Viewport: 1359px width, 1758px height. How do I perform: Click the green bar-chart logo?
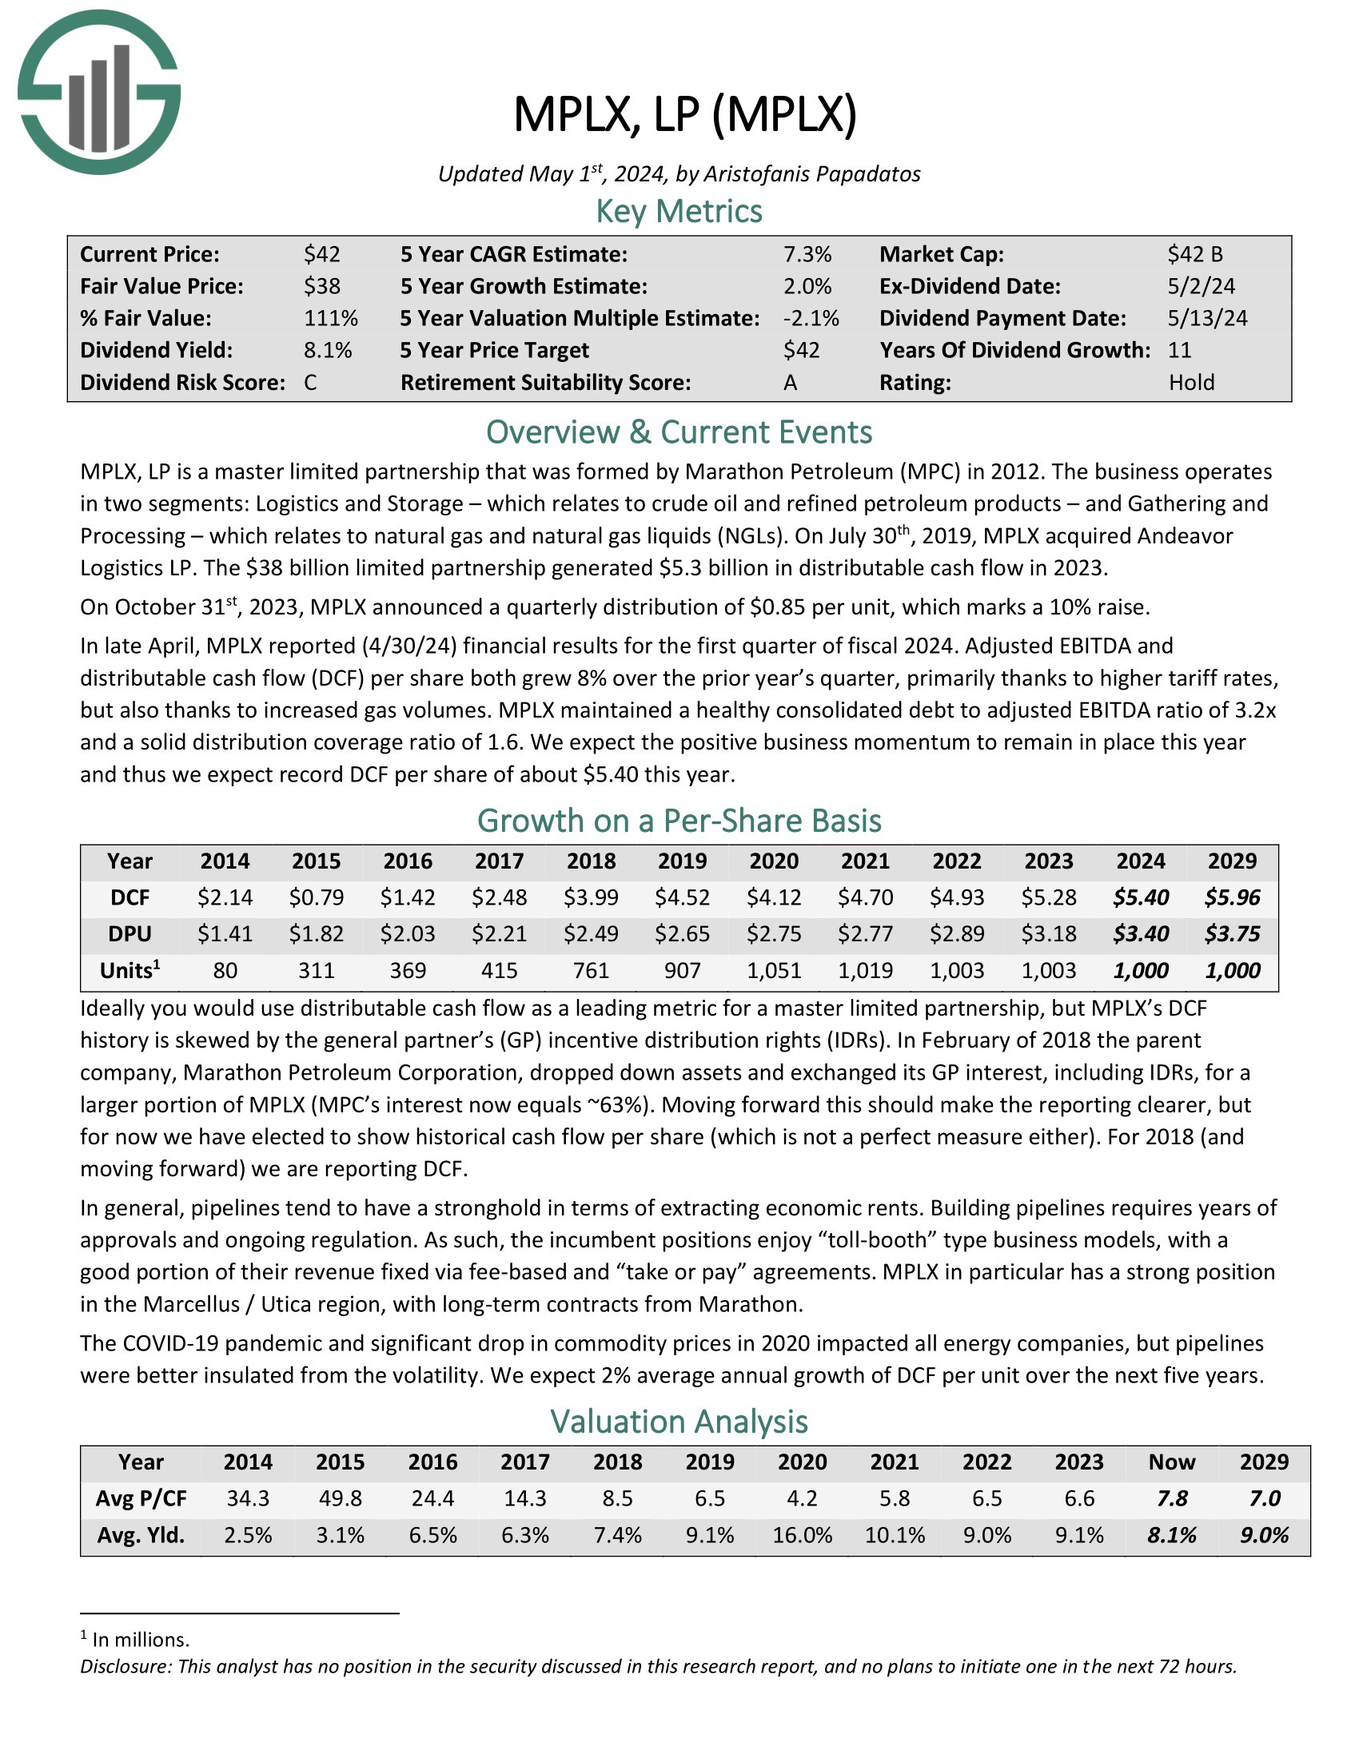pyautogui.click(x=99, y=92)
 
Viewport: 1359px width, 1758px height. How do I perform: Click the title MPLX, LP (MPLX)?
pyautogui.click(x=685, y=114)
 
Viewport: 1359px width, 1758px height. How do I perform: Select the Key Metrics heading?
pyautogui.click(x=679, y=211)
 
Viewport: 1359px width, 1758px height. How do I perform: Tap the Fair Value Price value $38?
pyautogui.click(x=322, y=286)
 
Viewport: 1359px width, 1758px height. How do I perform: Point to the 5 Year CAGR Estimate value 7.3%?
pyautogui.click(x=807, y=254)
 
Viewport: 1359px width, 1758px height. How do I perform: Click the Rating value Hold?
pyautogui.click(x=1192, y=382)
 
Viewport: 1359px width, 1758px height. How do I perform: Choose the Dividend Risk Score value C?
pyautogui.click(x=311, y=382)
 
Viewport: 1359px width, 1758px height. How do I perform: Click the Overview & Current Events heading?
pyautogui.click(x=679, y=432)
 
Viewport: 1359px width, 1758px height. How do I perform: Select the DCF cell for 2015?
pyautogui.click(x=317, y=897)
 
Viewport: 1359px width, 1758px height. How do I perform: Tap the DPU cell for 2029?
pyautogui.click(x=1232, y=933)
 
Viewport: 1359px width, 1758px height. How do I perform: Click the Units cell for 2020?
pyautogui.click(x=774, y=970)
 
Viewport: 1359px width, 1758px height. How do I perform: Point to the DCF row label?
pyautogui.click(x=130, y=897)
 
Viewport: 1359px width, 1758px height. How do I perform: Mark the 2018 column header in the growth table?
pyautogui.click(x=591, y=861)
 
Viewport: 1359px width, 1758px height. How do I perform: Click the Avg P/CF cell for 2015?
pyautogui.click(x=341, y=1498)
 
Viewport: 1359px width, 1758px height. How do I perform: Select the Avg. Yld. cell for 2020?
pyautogui.click(x=802, y=1535)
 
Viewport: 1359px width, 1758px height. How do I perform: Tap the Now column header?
pyautogui.click(x=1171, y=1462)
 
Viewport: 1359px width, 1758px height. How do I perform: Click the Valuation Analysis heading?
pyautogui.click(x=679, y=1422)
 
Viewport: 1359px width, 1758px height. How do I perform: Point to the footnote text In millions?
pyautogui.click(x=141, y=1640)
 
